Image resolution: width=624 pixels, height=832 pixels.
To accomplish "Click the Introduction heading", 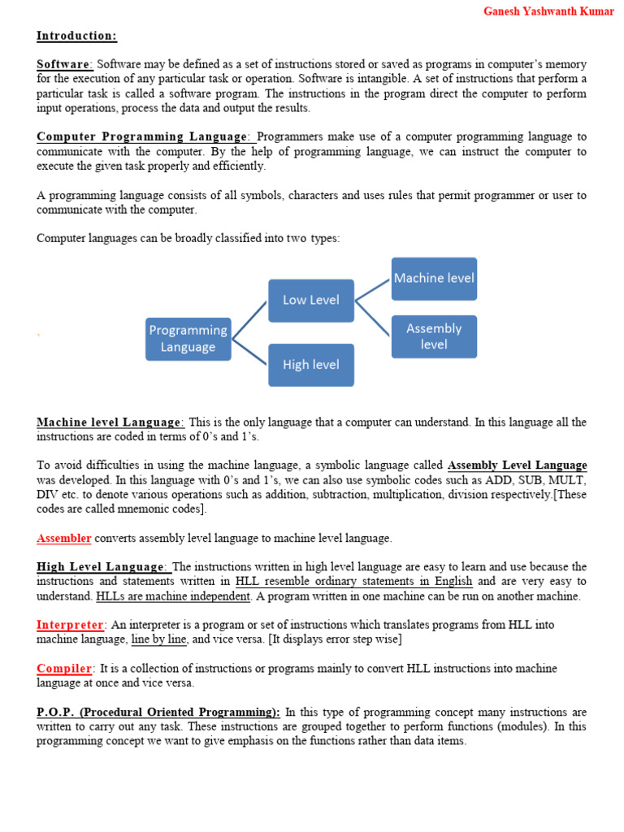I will [x=76, y=36].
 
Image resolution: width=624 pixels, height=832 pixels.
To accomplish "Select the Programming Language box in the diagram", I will [x=188, y=339].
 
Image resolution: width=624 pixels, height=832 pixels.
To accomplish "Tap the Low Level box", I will [x=311, y=300].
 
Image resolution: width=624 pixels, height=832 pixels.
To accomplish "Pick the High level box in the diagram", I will [x=311, y=365].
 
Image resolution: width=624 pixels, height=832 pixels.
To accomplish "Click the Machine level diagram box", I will [x=434, y=278].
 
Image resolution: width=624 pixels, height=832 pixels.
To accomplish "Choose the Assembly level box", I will [x=434, y=336].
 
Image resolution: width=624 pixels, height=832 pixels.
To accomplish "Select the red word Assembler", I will [x=64, y=538].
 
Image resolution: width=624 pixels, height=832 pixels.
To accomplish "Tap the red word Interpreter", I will [x=71, y=625].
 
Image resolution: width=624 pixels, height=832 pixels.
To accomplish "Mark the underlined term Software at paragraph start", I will [x=64, y=64].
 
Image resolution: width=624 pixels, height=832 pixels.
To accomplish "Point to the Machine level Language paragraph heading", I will [x=110, y=422].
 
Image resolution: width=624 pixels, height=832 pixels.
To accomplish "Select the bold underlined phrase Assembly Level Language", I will [x=517, y=466].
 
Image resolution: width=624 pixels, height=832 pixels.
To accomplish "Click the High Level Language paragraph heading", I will [x=102, y=566].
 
